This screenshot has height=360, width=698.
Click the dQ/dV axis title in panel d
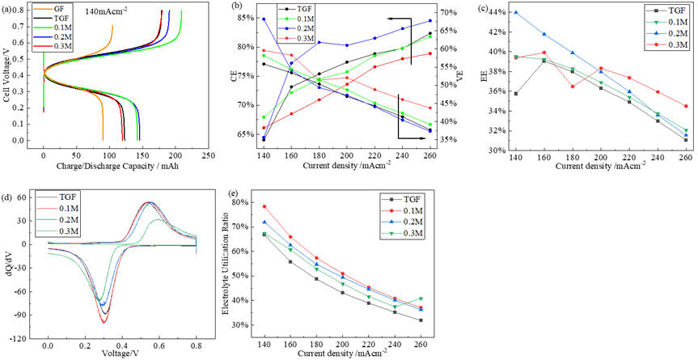[7, 263]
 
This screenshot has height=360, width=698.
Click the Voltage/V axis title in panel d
[121, 353]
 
